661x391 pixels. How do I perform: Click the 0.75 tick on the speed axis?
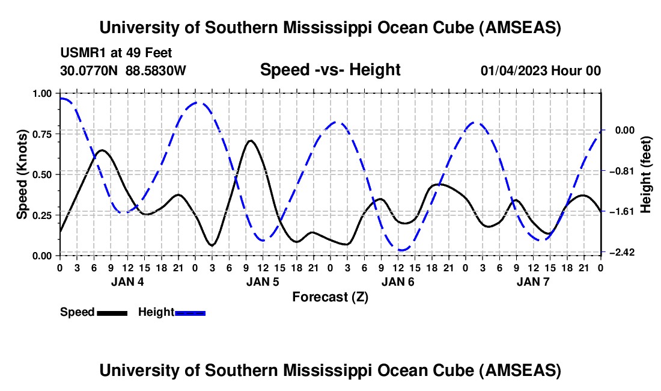tap(42, 134)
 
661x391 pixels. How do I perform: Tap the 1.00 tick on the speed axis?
tap(42, 93)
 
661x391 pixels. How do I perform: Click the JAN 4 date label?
tap(127, 282)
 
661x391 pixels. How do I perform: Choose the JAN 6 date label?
tap(398, 282)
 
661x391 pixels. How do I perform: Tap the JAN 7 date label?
tap(533, 282)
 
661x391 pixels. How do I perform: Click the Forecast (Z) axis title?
tap(330, 297)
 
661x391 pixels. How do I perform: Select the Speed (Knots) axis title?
tap(22, 174)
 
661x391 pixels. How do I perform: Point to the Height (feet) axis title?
tap(646, 174)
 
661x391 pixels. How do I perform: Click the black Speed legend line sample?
tap(112, 313)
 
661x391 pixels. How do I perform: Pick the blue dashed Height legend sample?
tap(190, 313)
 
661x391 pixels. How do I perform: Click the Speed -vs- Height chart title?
tap(330, 70)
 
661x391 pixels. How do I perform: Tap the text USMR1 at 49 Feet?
tap(116, 53)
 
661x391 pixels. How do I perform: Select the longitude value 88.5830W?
tap(156, 70)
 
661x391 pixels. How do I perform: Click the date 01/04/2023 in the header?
tap(513, 70)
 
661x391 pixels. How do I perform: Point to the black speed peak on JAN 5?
tap(250, 141)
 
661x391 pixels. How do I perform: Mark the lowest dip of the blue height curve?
tap(403, 250)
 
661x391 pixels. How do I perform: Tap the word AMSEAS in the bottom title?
tap(520, 371)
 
